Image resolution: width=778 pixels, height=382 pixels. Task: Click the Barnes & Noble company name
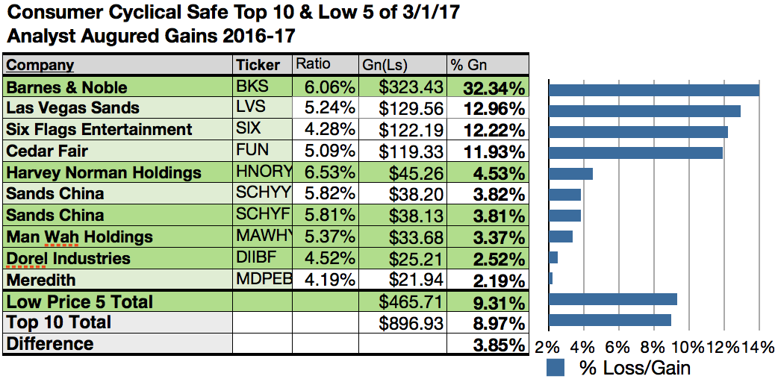(66, 87)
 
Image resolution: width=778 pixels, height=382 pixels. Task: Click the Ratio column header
(313, 64)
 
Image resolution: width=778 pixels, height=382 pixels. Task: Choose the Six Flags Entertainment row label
(99, 130)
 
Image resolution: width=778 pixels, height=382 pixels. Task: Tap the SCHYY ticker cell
(261, 194)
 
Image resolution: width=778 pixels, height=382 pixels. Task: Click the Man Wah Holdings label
(79, 237)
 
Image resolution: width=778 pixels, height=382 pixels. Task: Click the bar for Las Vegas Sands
(644, 111)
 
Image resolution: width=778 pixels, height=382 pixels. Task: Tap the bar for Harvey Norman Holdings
(570, 174)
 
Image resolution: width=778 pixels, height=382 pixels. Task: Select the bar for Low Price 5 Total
(612, 299)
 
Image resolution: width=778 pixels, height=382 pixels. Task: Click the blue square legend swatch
(555, 367)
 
